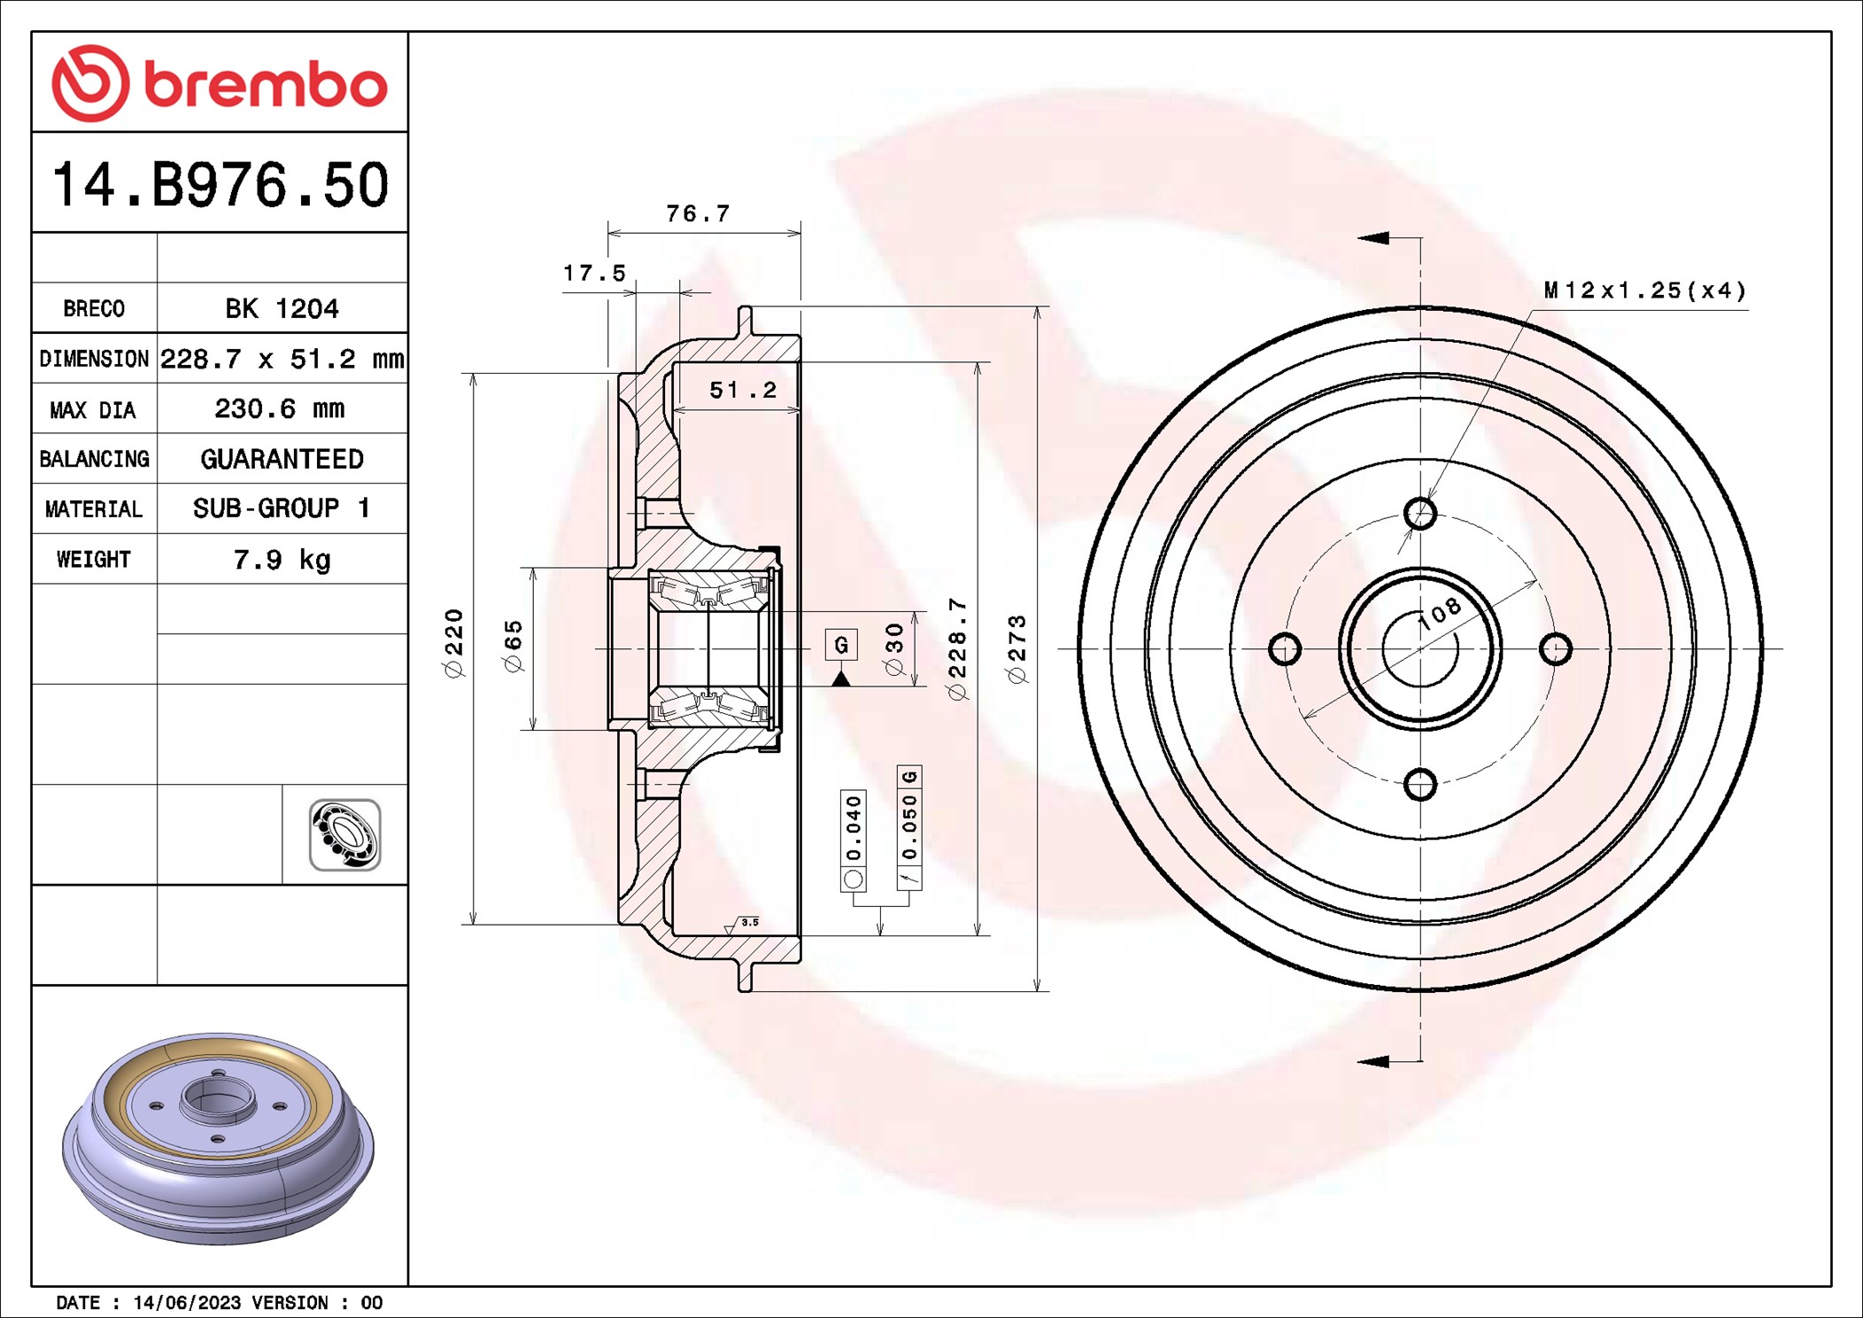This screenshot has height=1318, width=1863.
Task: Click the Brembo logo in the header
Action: (219, 84)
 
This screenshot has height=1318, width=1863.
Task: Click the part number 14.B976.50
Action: (220, 185)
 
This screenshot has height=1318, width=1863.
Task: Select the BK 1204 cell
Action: (282, 308)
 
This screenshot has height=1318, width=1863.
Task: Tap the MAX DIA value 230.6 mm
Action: (280, 408)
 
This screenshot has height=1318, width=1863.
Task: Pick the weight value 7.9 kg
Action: (282, 559)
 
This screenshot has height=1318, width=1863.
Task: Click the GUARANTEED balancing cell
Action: (282, 459)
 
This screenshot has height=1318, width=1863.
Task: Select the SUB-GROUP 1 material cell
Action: (282, 508)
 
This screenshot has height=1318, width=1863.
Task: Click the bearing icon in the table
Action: (344, 834)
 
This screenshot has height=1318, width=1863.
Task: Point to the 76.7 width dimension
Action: (698, 213)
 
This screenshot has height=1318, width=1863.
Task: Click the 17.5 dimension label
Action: (594, 273)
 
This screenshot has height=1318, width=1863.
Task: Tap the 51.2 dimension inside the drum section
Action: (742, 390)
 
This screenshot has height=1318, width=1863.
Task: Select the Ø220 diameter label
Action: (453, 643)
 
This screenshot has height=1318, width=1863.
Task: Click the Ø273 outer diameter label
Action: (1017, 648)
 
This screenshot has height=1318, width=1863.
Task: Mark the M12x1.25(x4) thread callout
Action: (1644, 291)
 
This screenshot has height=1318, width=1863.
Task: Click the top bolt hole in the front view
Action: (1419, 513)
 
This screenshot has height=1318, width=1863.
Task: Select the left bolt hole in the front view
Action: (1284, 648)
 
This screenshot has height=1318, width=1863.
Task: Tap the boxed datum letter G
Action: (840, 644)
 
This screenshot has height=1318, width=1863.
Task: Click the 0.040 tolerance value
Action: (853, 827)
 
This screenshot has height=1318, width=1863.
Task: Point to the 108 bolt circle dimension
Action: (1439, 613)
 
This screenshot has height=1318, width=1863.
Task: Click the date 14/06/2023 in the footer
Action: (187, 1302)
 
